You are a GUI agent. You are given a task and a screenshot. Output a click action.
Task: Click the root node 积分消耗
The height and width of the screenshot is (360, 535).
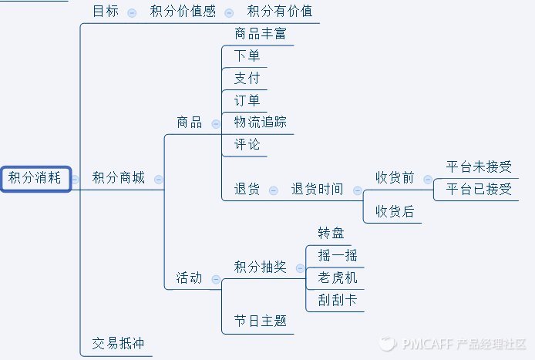point(35,178)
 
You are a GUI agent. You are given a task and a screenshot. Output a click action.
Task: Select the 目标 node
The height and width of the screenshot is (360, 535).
point(106,12)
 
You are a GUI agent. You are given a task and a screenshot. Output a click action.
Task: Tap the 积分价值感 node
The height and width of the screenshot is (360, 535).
point(183,12)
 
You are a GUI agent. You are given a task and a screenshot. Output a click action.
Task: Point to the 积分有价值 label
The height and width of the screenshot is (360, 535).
point(279,12)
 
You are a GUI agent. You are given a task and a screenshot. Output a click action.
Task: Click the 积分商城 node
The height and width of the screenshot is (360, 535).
point(118,178)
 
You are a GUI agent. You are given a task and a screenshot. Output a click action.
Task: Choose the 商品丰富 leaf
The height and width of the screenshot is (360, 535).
point(261,34)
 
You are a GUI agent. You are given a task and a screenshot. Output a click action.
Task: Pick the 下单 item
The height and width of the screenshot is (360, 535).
point(247,56)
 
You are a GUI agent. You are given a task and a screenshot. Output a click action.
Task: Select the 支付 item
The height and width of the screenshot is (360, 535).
point(247,79)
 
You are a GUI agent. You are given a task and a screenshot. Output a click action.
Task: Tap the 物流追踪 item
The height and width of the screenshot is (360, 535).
point(261,123)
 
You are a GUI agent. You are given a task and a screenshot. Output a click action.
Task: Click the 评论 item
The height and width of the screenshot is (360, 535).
point(247,144)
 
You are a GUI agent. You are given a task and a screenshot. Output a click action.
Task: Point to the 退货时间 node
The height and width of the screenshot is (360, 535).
point(317,189)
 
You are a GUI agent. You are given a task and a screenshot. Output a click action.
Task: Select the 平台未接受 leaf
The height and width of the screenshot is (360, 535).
point(479,167)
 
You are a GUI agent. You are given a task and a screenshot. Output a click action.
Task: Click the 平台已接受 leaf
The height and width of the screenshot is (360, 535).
point(479,189)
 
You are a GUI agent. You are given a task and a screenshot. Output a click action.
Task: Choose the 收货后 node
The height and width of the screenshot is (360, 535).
point(395,211)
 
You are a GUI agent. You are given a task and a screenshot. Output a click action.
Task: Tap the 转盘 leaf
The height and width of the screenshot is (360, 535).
point(331,234)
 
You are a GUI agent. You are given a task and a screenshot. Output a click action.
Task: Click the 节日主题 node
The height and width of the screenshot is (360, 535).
point(261,321)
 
